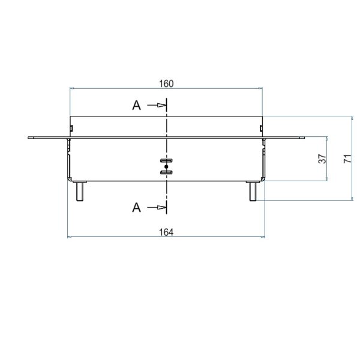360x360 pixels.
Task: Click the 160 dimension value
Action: tap(166, 84)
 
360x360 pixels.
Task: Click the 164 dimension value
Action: tap(166, 232)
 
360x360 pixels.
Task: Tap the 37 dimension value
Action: tap(322, 158)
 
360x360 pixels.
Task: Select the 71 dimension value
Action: tap(347, 158)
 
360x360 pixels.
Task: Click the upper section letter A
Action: tap(137, 106)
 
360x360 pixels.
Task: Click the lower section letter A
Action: tap(137, 208)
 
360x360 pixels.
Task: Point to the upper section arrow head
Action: tap(161, 106)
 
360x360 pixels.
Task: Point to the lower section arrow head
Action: tap(161, 208)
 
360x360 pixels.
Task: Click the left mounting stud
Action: tap(80, 191)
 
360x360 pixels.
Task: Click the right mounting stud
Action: tap(253, 191)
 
